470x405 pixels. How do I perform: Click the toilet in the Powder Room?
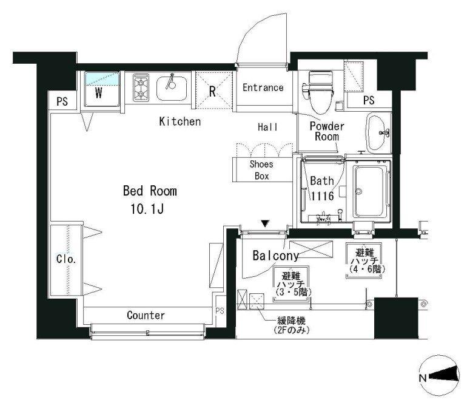[x=319, y=92]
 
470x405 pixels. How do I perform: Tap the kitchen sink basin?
[x=172, y=89]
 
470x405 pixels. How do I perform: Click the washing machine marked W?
[x=102, y=89]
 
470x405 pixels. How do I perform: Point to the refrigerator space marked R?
[x=214, y=90]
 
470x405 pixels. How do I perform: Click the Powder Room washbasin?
[x=378, y=132]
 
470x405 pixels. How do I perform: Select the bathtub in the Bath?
[x=371, y=191]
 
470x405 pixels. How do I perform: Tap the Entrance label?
[x=263, y=87]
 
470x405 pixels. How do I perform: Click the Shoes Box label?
[x=261, y=170]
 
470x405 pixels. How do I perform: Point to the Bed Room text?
[x=150, y=191]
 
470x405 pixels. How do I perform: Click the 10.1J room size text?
[x=147, y=209]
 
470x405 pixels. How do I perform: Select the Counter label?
[x=146, y=315]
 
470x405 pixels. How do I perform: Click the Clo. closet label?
[x=66, y=259]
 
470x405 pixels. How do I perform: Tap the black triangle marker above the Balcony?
[x=265, y=223]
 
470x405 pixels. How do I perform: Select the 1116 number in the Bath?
[x=322, y=196]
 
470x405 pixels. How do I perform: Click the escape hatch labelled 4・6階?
[x=364, y=260]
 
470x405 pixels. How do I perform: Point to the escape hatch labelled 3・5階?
[x=290, y=284]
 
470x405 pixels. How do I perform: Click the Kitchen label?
[x=180, y=121]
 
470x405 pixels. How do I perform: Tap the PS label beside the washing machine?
[x=62, y=101]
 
